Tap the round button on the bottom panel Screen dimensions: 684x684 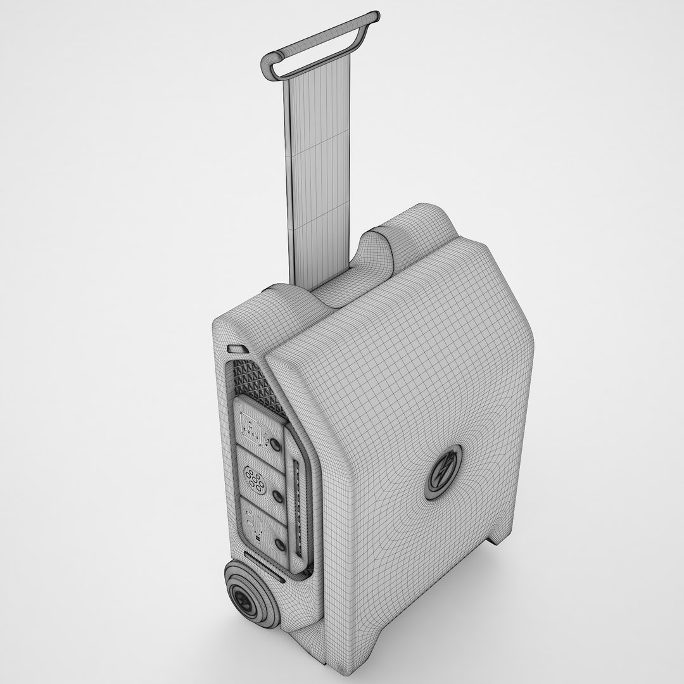[280, 544]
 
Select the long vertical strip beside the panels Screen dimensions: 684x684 [300, 507]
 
